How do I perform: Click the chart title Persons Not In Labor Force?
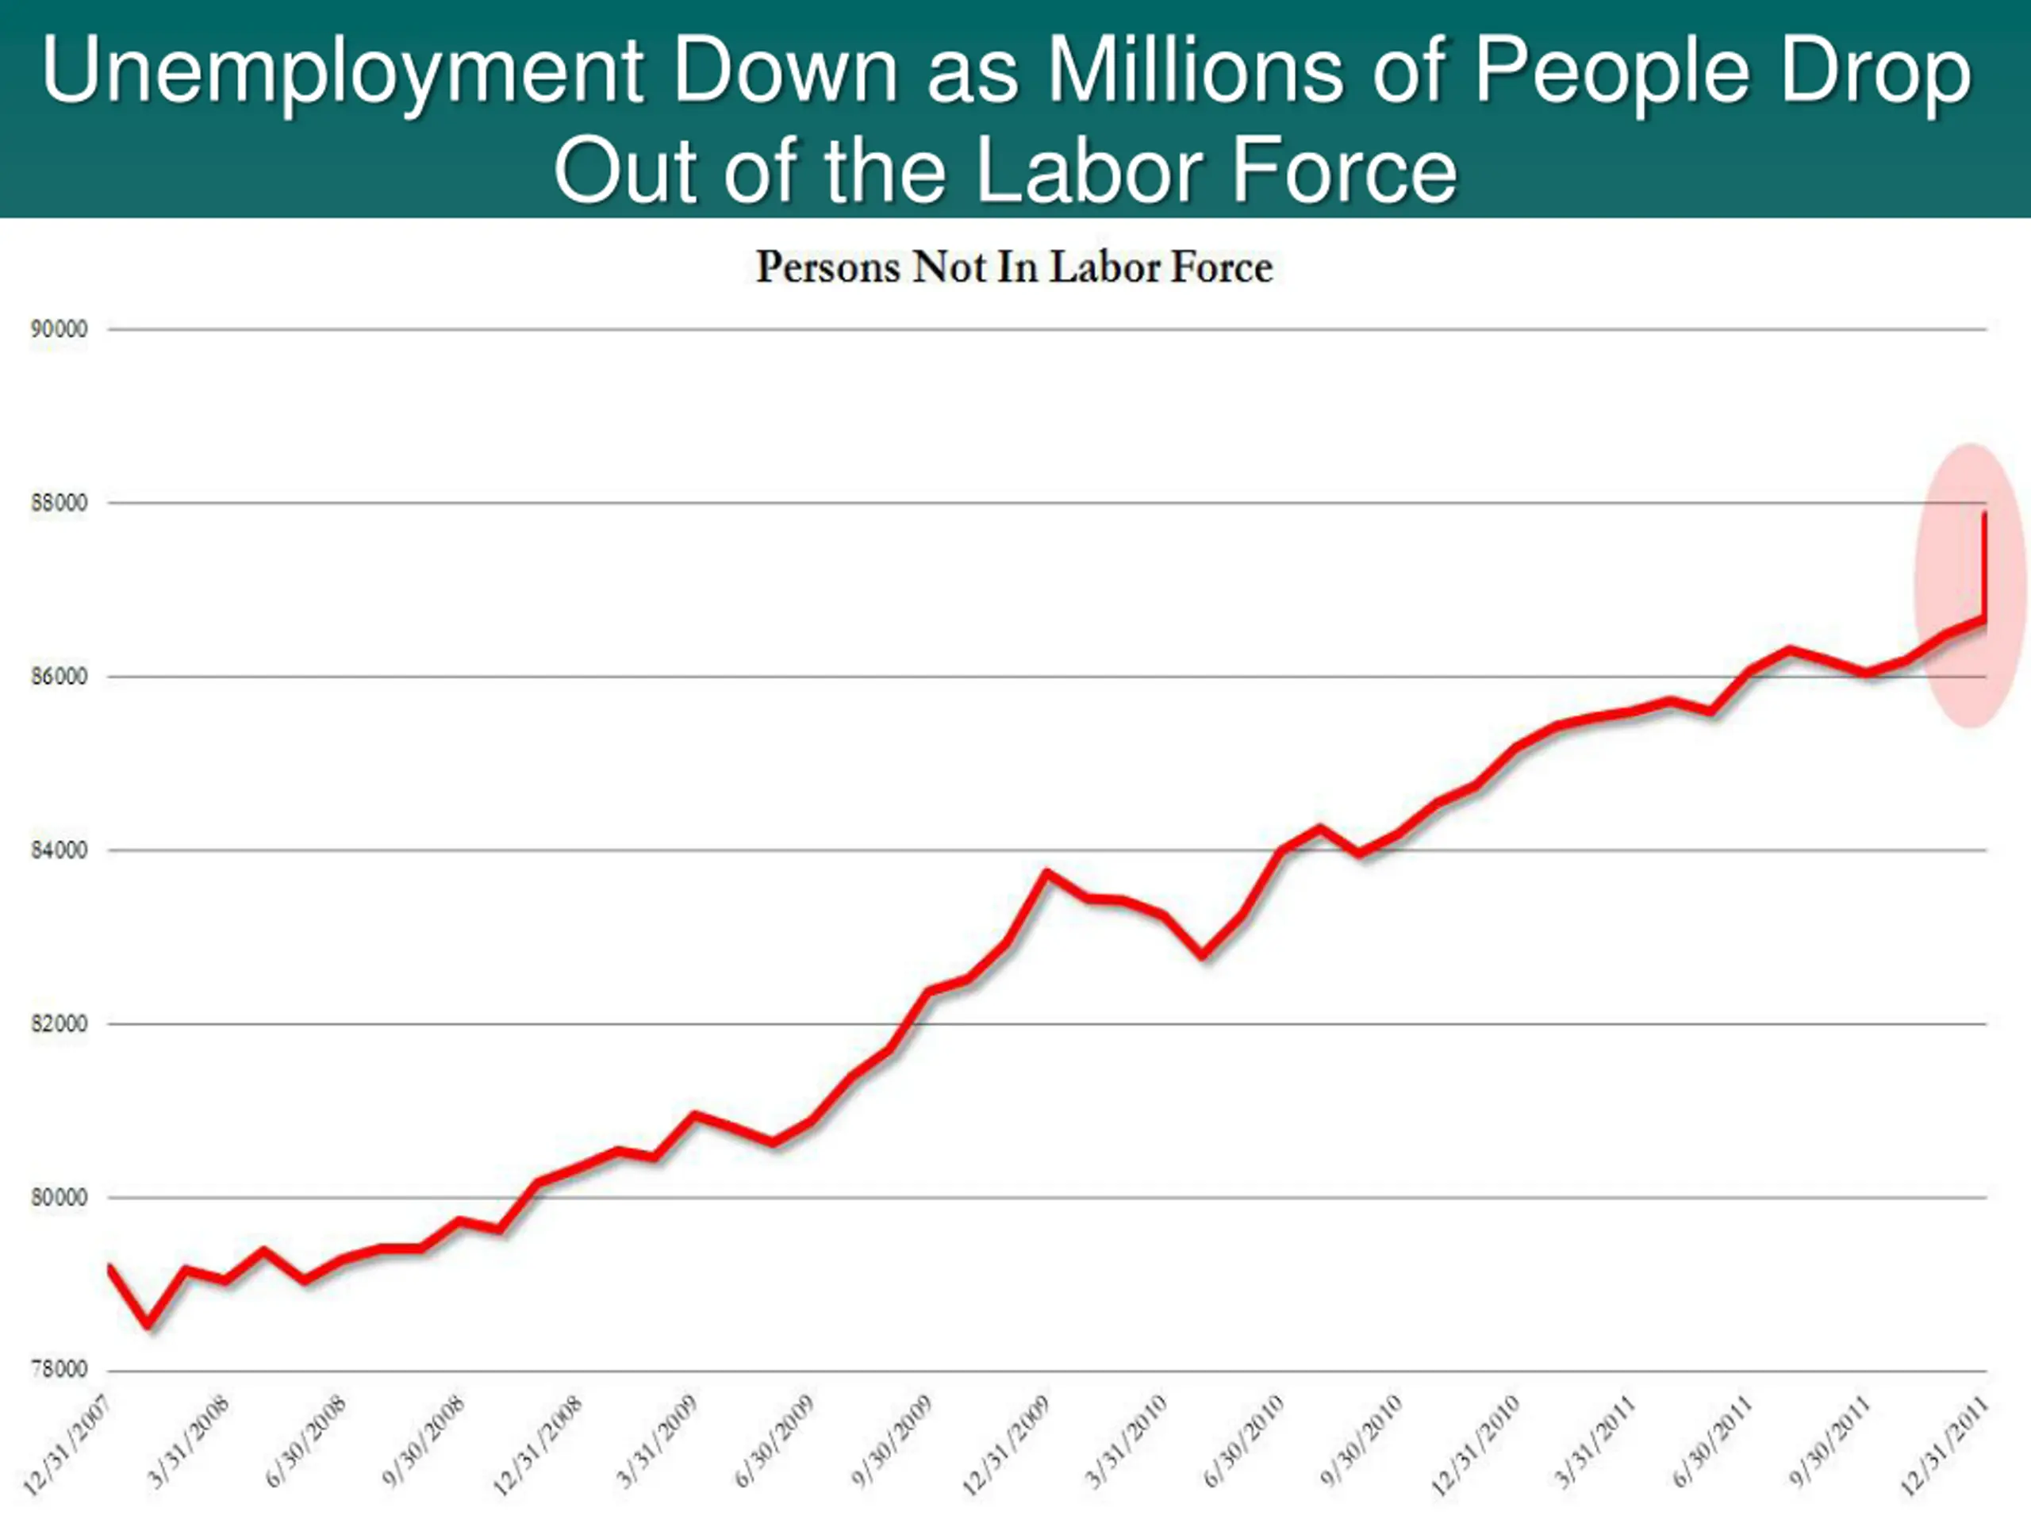(1014, 267)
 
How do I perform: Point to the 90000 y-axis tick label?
(59, 329)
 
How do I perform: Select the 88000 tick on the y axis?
(59, 503)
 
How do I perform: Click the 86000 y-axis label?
(59, 677)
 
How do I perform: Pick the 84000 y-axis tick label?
(59, 850)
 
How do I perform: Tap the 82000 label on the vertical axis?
(59, 1023)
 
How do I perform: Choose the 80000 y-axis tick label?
(59, 1197)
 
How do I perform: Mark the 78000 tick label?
(59, 1369)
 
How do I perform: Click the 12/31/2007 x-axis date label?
(66, 1446)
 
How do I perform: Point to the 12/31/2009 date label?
(1005, 1446)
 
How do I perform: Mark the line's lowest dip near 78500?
(148, 1325)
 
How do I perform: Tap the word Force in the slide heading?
(1342, 171)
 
